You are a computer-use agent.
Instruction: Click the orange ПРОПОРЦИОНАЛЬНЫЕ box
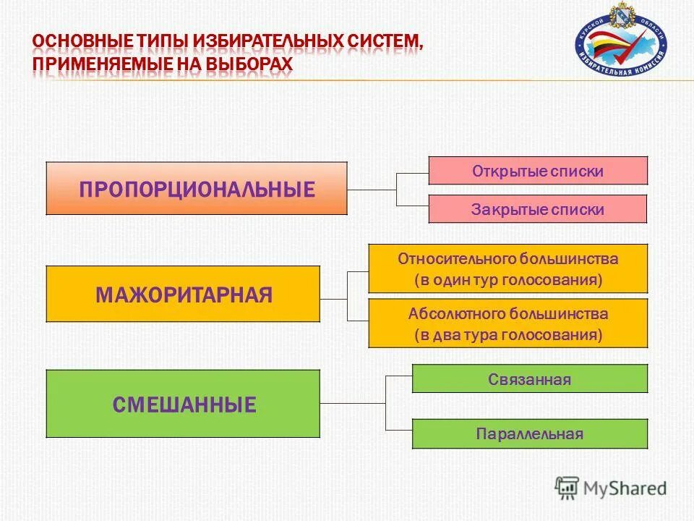197,188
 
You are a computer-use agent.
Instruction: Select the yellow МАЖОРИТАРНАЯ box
183,294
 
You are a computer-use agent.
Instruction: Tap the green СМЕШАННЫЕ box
183,404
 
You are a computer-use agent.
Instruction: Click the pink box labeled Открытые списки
538,171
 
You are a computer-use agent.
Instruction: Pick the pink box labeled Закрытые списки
538,209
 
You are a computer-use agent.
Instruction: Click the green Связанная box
530,379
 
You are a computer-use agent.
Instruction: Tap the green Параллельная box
530,434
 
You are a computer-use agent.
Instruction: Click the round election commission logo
621,41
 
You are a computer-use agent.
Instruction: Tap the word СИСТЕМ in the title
384,41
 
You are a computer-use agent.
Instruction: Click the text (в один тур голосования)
508,280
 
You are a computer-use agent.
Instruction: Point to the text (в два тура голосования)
508,335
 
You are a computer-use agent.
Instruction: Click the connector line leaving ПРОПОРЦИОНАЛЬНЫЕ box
372,190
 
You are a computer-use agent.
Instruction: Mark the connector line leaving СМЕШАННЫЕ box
353,404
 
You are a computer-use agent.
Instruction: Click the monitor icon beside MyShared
567,487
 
